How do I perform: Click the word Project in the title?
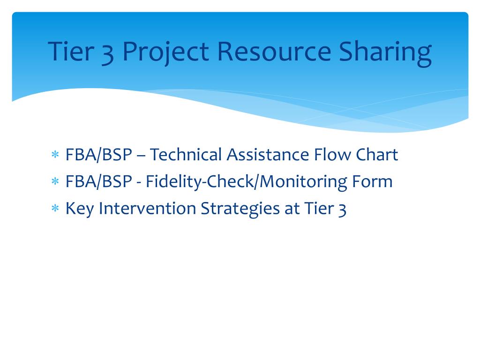[x=165, y=52]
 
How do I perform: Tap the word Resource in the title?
[x=274, y=51]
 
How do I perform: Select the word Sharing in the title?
[x=385, y=52]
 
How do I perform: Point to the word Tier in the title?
[x=71, y=51]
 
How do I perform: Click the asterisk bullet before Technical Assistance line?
[x=55, y=154]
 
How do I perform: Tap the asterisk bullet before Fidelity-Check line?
[x=55, y=181]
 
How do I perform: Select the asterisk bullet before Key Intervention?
[x=55, y=208]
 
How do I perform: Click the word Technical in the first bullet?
[x=186, y=154]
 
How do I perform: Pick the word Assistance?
[x=268, y=154]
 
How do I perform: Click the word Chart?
[x=377, y=154]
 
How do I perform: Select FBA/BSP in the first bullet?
[x=99, y=155]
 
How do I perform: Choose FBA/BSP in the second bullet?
[x=99, y=182]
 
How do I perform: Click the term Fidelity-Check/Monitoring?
[x=247, y=182]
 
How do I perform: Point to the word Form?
[x=372, y=181]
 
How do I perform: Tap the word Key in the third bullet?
[x=80, y=209]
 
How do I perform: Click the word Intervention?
[x=147, y=208]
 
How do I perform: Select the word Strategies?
[x=240, y=209]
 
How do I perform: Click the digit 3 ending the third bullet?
[x=342, y=210]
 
